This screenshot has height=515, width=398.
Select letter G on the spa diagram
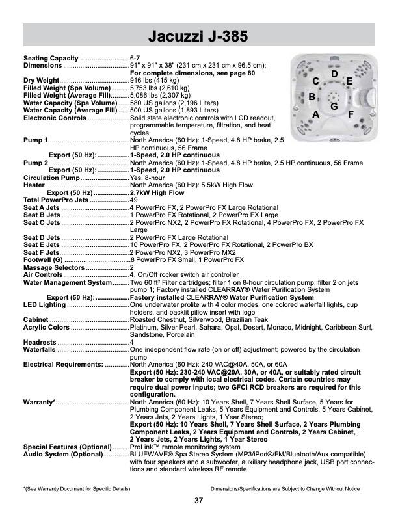(334, 106)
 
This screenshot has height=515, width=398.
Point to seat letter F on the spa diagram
(351, 114)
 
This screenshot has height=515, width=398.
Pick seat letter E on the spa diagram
(349, 82)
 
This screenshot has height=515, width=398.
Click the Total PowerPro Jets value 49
(135, 200)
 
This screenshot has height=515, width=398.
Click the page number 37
(198, 500)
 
